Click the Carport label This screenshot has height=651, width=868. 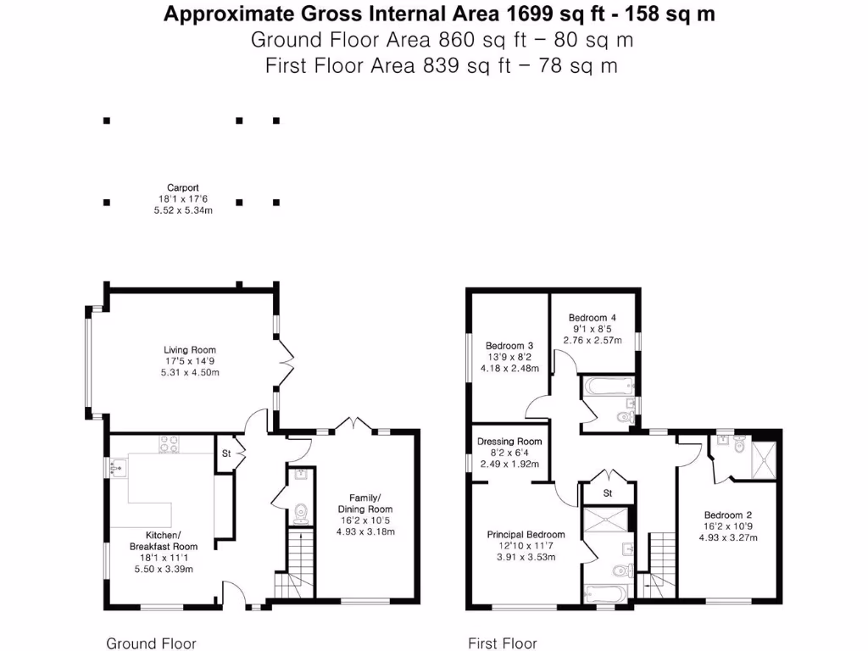[x=182, y=187]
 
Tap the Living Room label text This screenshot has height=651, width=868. [x=190, y=349]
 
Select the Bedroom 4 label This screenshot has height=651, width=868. [x=593, y=317]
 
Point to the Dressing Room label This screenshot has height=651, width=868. [x=509, y=442]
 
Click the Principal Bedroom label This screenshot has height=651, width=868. [x=526, y=535]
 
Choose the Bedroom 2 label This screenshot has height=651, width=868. [x=728, y=515]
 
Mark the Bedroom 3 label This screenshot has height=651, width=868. [x=509, y=345]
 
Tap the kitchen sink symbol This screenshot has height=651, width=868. [x=117, y=465]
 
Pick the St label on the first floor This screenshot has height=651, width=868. [x=608, y=492]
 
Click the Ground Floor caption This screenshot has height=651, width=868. [x=151, y=643]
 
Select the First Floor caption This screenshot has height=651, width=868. [x=503, y=643]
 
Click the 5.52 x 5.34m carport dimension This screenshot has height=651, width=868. [x=182, y=210]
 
